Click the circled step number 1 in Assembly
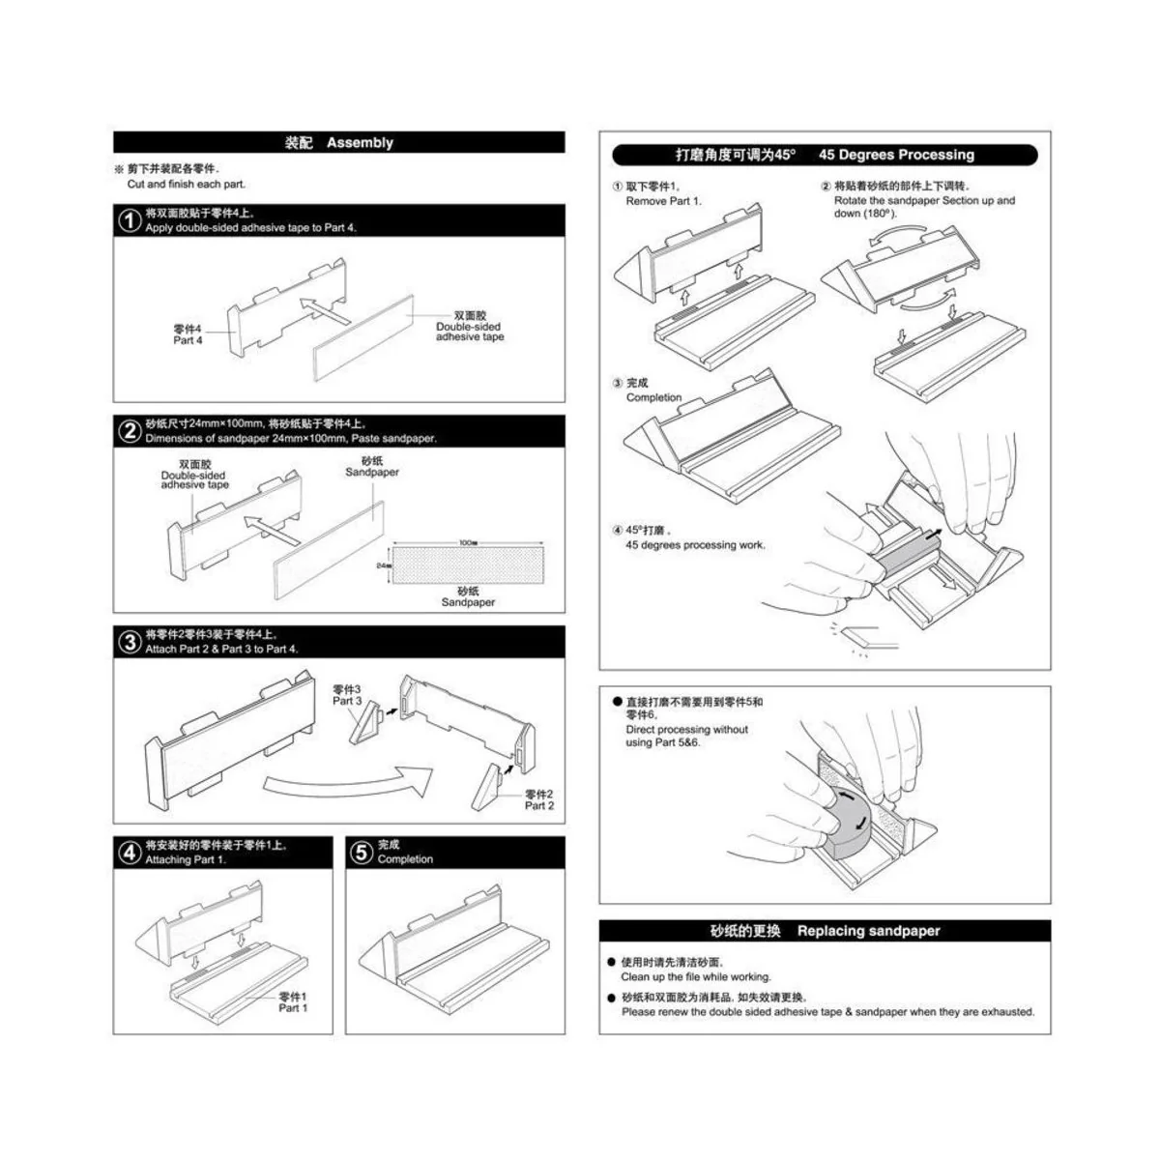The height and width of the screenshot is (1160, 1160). [130, 220]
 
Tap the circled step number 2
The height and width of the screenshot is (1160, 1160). [130, 431]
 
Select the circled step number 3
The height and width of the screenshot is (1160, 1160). [130, 642]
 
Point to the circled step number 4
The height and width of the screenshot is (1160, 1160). [130, 853]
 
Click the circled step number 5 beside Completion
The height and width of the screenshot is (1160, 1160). [361, 853]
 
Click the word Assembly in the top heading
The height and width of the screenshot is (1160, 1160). [360, 143]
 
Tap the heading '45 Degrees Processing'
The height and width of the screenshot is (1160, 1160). [896, 155]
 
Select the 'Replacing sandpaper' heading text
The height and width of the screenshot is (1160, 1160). [868, 931]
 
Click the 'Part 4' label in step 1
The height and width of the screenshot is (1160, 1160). [188, 340]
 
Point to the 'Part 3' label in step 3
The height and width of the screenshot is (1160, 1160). [347, 701]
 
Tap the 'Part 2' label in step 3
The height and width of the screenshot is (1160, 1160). [539, 805]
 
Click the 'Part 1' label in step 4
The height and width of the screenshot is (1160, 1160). [293, 1007]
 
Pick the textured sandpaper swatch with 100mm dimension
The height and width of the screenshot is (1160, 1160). [468, 561]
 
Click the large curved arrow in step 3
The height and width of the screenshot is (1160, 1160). [348, 780]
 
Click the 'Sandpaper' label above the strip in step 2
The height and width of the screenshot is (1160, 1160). [372, 472]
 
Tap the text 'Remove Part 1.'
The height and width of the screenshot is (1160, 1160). [663, 201]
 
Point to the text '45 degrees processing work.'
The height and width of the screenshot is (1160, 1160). [695, 545]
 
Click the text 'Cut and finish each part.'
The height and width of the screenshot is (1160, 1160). [187, 184]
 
